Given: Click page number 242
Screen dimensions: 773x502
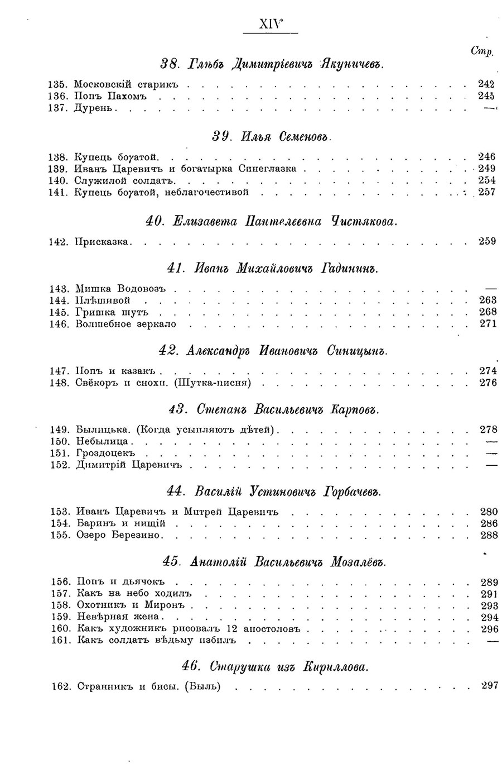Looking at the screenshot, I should pos(486,84).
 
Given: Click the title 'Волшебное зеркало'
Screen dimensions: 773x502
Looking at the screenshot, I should pos(126,323).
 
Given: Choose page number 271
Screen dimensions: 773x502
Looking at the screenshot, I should pos(487,323).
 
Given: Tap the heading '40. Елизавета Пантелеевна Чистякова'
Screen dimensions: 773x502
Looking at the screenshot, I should pos(271,221).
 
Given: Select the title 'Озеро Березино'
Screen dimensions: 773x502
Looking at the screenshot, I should pos(118,535).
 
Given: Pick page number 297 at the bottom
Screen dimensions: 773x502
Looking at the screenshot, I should pos(489,685).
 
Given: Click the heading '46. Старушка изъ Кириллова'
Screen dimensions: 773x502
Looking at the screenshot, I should pos(274,666).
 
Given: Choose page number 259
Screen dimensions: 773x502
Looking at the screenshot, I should pos(487,241).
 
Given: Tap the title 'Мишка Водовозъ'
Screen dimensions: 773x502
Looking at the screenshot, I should pos(123,288).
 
